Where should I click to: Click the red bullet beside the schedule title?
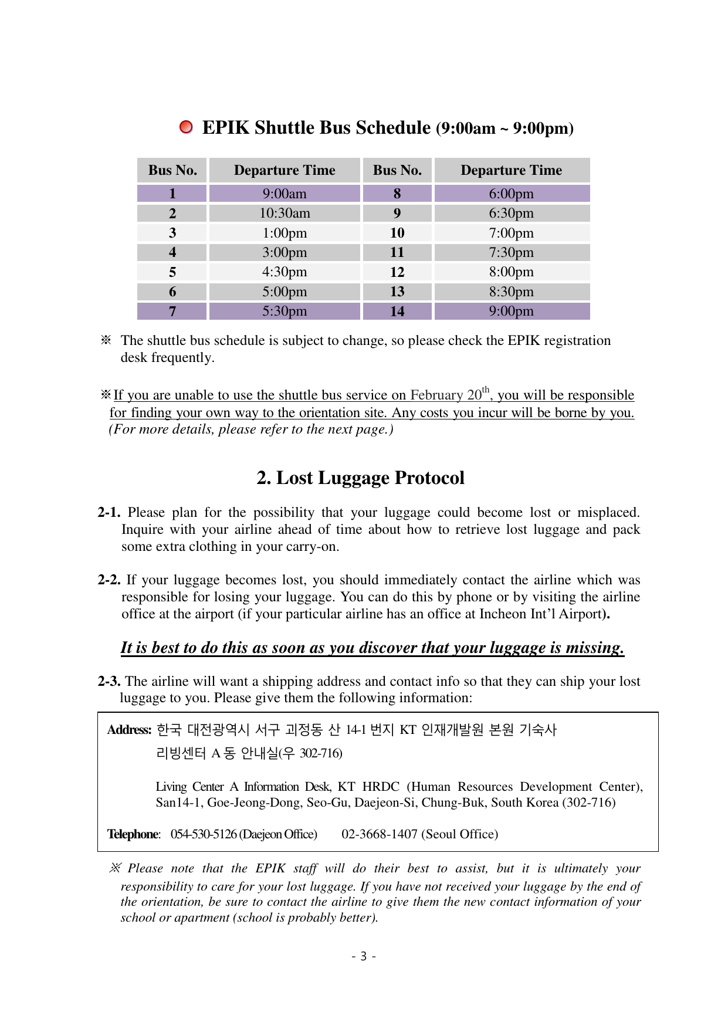pos(186,127)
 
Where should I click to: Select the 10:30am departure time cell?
pos(285,213)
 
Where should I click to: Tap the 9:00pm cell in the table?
pos(512,311)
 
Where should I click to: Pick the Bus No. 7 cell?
pos(172,311)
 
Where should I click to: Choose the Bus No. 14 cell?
pos(397,311)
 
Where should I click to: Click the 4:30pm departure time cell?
pos(285,272)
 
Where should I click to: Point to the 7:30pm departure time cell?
pos(512,252)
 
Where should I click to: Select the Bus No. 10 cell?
pos(397,233)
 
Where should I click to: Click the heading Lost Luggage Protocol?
pos(360,478)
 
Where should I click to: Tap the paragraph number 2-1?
pos(109,513)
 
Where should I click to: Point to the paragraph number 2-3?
pos(109,681)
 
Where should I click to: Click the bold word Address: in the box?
pos(129,730)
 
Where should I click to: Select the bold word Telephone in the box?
pos(133,834)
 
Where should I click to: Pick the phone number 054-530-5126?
pos(204,834)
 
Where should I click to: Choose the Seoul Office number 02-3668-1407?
pos(380,834)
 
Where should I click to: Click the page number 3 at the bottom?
pos(364,957)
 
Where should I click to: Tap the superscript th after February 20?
pos(486,390)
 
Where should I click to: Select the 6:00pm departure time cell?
pos(512,194)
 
